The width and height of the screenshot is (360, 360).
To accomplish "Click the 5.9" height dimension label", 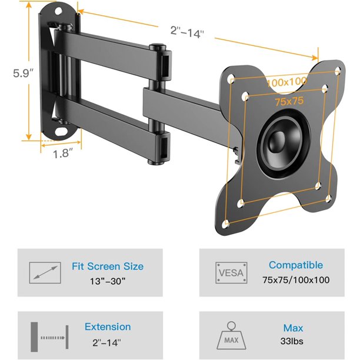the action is (x=23, y=73).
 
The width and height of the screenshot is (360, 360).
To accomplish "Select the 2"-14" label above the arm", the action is (x=187, y=32).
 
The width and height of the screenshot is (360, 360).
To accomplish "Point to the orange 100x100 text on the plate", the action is (x=286, y=82).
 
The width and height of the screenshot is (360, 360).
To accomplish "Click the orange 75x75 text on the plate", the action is (x=289, y=101).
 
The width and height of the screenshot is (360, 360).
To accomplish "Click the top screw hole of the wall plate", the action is (x=58, y=11).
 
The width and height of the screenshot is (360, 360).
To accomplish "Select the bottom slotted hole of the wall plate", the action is (x=61, y=132).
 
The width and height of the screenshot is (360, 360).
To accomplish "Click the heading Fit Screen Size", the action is (x=108, y=266).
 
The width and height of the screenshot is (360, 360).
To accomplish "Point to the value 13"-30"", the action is (x=108, y=281).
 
